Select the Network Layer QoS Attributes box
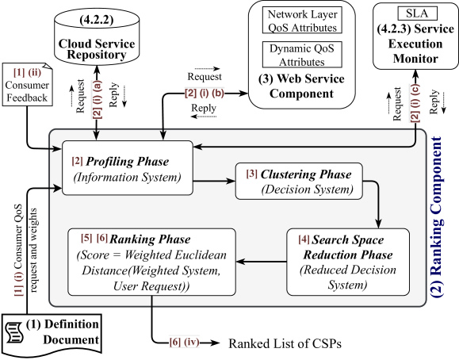(x=302, y=20)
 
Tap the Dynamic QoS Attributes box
(x=302, y=55)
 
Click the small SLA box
(x=417, y=13)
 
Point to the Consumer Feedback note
(x=27, y=84)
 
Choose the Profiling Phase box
(x=128, y=168)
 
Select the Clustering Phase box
(x=299, y=182)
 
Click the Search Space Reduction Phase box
(x=348, y=262)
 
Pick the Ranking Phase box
(x=151, y=262)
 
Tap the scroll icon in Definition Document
(x=14, y=332)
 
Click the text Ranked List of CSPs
(x=285, y=343)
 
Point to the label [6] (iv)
(x=185, y=342)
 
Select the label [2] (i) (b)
(x=205, y=93)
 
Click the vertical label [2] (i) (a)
(x=98, y=100)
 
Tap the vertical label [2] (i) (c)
(x=415, y=103)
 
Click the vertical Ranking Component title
(x=436, y=217)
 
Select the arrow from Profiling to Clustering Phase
(x=214, y=182)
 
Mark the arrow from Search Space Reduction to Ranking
(x=261, y=262)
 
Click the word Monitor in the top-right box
(x=415, y=59)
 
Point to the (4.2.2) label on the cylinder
(x=97, y=19)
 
